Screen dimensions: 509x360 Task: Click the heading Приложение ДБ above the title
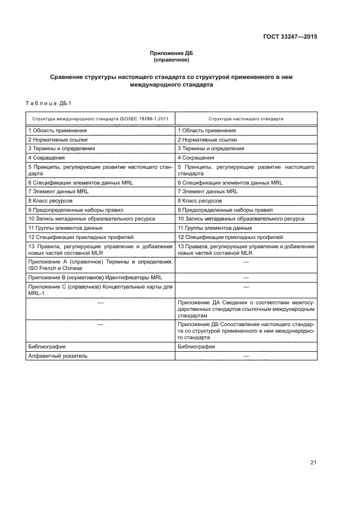pos(172,53)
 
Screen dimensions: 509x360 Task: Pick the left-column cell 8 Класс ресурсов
pos(48,201)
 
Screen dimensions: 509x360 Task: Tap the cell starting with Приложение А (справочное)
pos(100,265)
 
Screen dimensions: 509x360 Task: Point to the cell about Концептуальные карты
pos(100,290)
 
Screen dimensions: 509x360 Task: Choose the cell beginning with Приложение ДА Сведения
pos(246,309)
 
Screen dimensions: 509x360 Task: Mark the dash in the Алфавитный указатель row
pos(246,355)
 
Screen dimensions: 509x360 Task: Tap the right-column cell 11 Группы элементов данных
pos(215,228)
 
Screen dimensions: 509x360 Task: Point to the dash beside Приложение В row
pos(246,278)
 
